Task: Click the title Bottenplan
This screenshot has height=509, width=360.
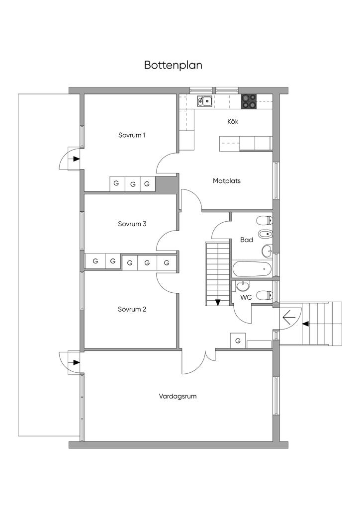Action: (173, 65)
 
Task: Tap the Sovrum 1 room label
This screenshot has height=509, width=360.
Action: (132, 135)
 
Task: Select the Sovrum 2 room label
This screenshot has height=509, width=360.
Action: (132, 309)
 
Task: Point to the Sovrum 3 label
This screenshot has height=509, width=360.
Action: (132, 224)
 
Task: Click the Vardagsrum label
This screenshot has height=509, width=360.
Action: (178, 396)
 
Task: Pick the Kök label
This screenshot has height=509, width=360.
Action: (233, 121)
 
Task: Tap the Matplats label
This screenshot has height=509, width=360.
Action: (226, 181)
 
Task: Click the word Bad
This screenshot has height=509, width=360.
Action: (247, 240)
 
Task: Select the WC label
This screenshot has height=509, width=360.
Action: (246, 297)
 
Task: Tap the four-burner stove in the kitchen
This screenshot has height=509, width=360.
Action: (249, 101)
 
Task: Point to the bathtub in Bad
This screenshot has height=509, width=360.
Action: (252, 270)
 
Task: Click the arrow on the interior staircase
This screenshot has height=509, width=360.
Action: (217, 302)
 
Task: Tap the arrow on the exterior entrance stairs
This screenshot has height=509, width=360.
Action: (305, 324)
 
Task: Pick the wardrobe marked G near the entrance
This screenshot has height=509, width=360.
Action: (238, 340)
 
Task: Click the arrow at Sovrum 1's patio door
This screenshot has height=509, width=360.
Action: (76, 159)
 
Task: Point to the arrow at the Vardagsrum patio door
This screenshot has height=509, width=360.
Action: (76, 362)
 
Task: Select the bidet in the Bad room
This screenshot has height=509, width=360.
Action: (264, 234)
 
